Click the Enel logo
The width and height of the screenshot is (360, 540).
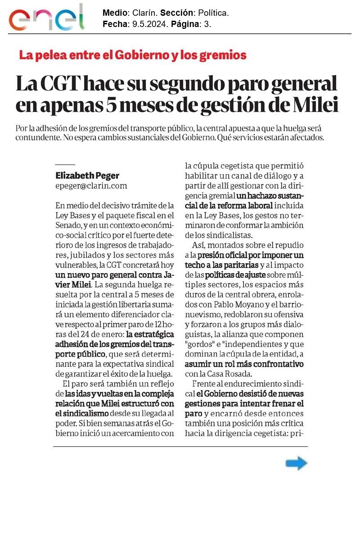[47, 18]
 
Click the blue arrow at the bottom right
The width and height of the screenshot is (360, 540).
[296, 463]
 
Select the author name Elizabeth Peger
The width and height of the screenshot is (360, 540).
[87, 175]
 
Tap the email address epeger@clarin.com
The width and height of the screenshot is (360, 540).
[91, 185]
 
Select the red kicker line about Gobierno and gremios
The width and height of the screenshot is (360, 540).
[133, 55]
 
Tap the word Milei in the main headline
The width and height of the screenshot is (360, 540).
[315, 105]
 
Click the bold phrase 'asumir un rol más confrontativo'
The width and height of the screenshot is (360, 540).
[244, 364]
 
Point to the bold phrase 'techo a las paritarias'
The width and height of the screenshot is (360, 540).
[222, 265]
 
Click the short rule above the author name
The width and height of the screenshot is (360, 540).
[65, 165]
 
